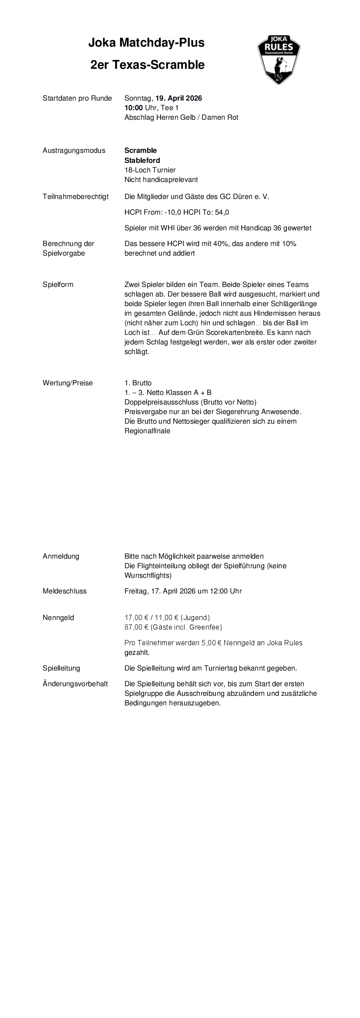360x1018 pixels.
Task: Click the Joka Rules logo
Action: tap(279, 60)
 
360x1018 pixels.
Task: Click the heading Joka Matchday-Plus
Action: tap(146, 43)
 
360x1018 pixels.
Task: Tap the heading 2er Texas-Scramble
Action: tap(147, 65)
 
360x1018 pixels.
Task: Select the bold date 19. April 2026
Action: tap(178, 98)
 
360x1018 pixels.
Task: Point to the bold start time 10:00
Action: tap(133, 108)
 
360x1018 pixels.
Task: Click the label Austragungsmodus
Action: tap(74, 151)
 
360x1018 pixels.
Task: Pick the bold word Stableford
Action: tap(142, 160)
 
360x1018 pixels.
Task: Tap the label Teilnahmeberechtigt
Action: tap(75, 197)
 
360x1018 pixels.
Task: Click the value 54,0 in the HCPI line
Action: tap(222, 212)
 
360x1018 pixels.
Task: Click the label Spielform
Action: tap(58, 285)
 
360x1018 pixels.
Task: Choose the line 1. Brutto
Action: tap(138, 383)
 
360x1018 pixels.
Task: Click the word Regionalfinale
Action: tap(147, 431)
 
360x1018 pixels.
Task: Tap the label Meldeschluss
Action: tap(64, 591)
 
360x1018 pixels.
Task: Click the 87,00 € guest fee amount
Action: tap(136, 627)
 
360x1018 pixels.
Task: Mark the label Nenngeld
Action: tap(58, 618)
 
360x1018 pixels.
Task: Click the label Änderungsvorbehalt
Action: tap(75, 684)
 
